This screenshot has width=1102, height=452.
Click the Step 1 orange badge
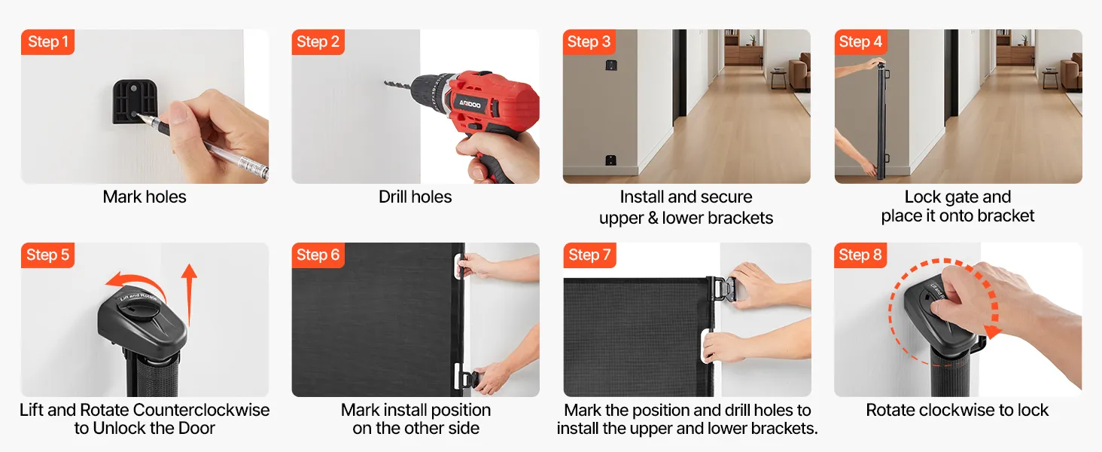tap(47, 42)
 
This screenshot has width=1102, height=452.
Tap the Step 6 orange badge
tap(318, 255)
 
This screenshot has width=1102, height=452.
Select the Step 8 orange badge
tap(860, 255)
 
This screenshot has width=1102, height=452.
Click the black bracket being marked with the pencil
tap(135, 102)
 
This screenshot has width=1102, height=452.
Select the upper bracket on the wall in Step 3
tap(610, 65)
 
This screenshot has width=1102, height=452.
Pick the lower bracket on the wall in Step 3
tap(610, 160)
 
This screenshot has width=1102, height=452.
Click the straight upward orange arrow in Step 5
tap(189, 295)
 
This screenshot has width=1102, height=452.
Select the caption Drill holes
tap(416, 197)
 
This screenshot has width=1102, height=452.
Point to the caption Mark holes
tap(145, 197)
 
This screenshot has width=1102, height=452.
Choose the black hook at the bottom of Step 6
tap(468, 380)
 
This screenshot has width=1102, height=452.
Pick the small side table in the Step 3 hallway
tap(779, 79)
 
